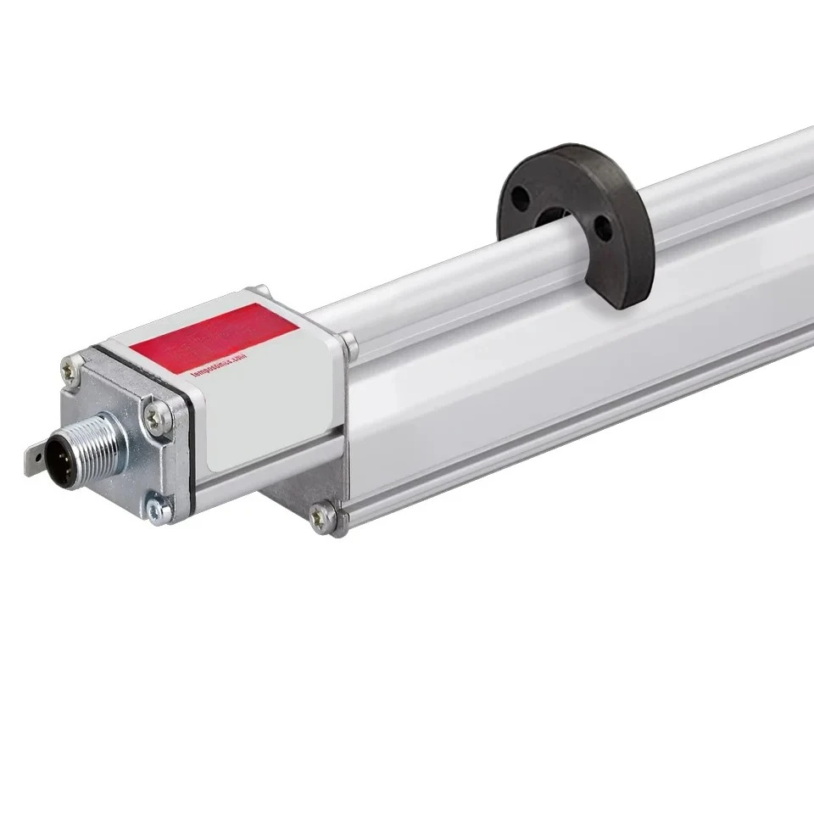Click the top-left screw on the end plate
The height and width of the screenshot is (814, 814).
click(72, 368)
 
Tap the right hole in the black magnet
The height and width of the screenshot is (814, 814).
click(602, 228)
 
